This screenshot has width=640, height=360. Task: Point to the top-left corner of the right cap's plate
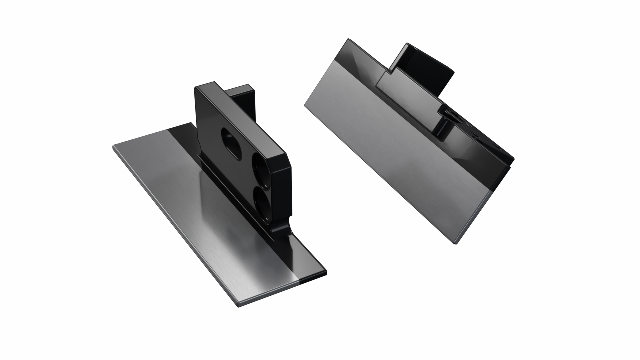pyautogui.click(x=348, y=39)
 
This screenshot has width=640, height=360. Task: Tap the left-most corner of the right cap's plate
pyautogui.click(x=305, y=106)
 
